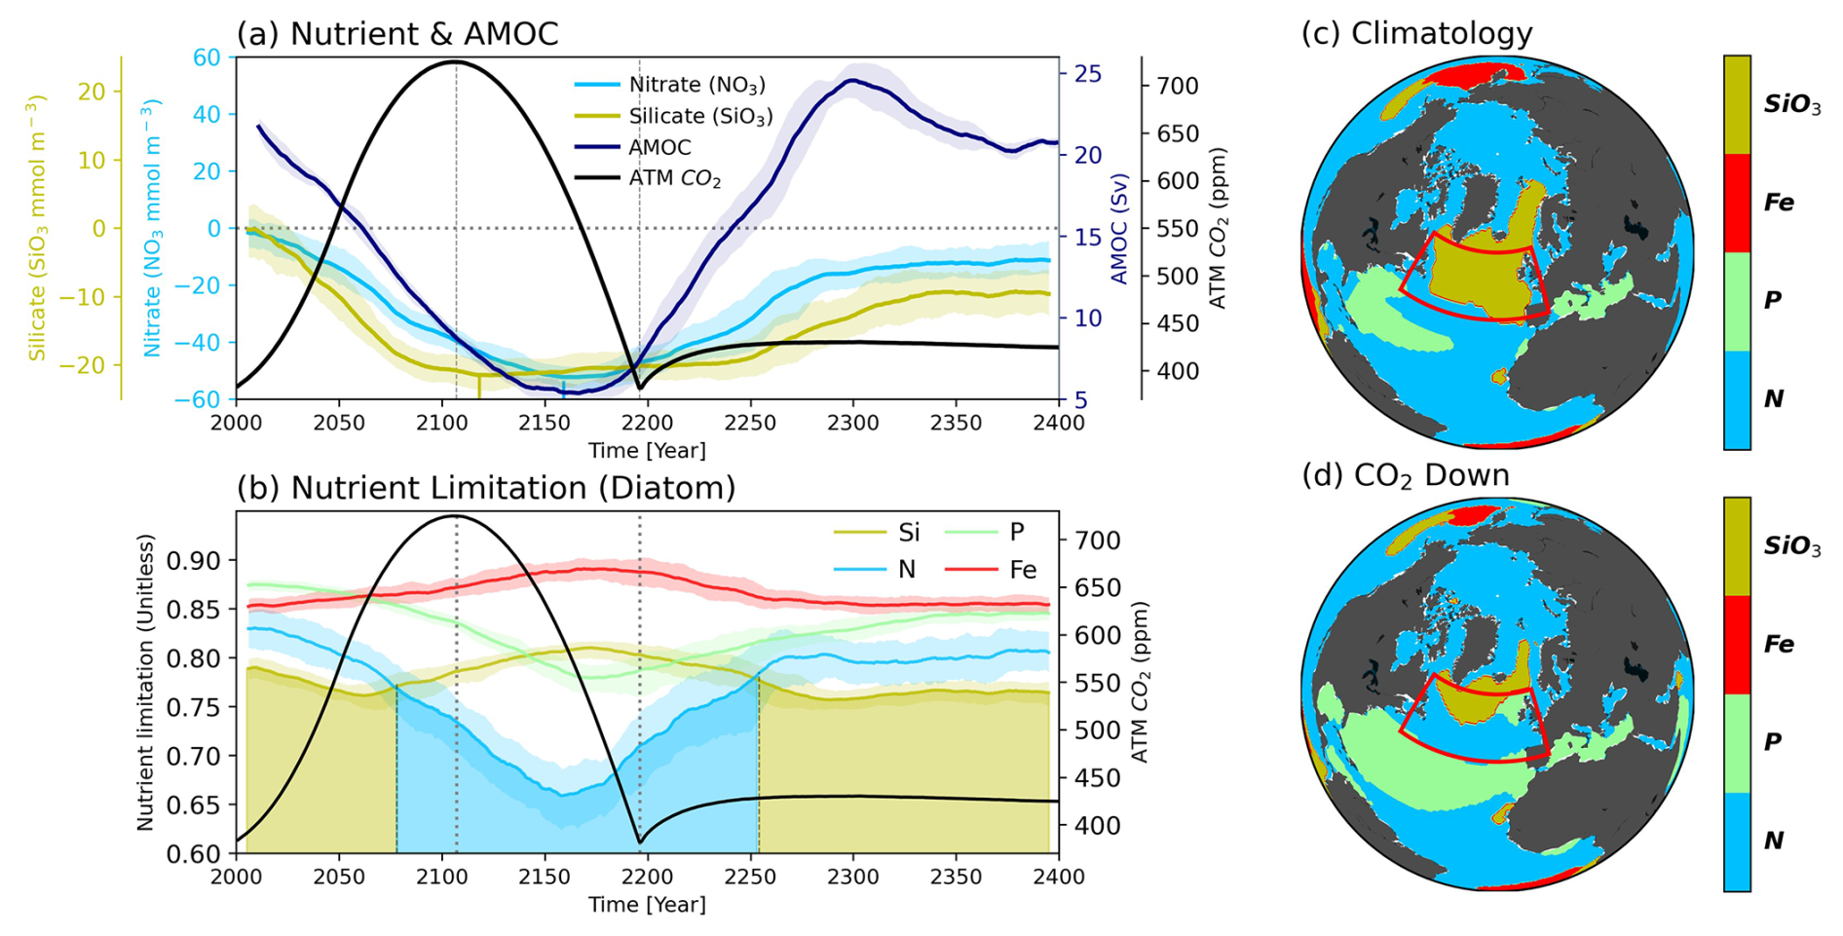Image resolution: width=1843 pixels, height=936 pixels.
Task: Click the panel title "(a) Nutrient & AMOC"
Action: (x=397, y=34)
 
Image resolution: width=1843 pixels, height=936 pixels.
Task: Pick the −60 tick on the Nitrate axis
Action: (x=200, y=399)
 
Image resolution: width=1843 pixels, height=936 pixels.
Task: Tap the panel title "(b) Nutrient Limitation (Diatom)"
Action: (x=486, y=487)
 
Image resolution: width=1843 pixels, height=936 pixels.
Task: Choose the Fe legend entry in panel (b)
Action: (x=1022, y=570)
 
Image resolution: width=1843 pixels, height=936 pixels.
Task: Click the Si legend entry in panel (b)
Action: (x=908, y=532)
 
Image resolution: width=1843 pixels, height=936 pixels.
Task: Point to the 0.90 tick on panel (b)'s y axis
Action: (x=194, y=560)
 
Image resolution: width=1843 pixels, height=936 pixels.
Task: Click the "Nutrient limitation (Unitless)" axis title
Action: (x=146, y=682)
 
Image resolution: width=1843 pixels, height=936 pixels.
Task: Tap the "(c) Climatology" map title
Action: (x=1416, y=33)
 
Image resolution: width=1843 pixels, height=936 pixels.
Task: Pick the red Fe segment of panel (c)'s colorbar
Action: (x=1737, y=203)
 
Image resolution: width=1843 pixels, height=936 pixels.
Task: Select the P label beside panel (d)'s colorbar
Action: (x=1773, y=742)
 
